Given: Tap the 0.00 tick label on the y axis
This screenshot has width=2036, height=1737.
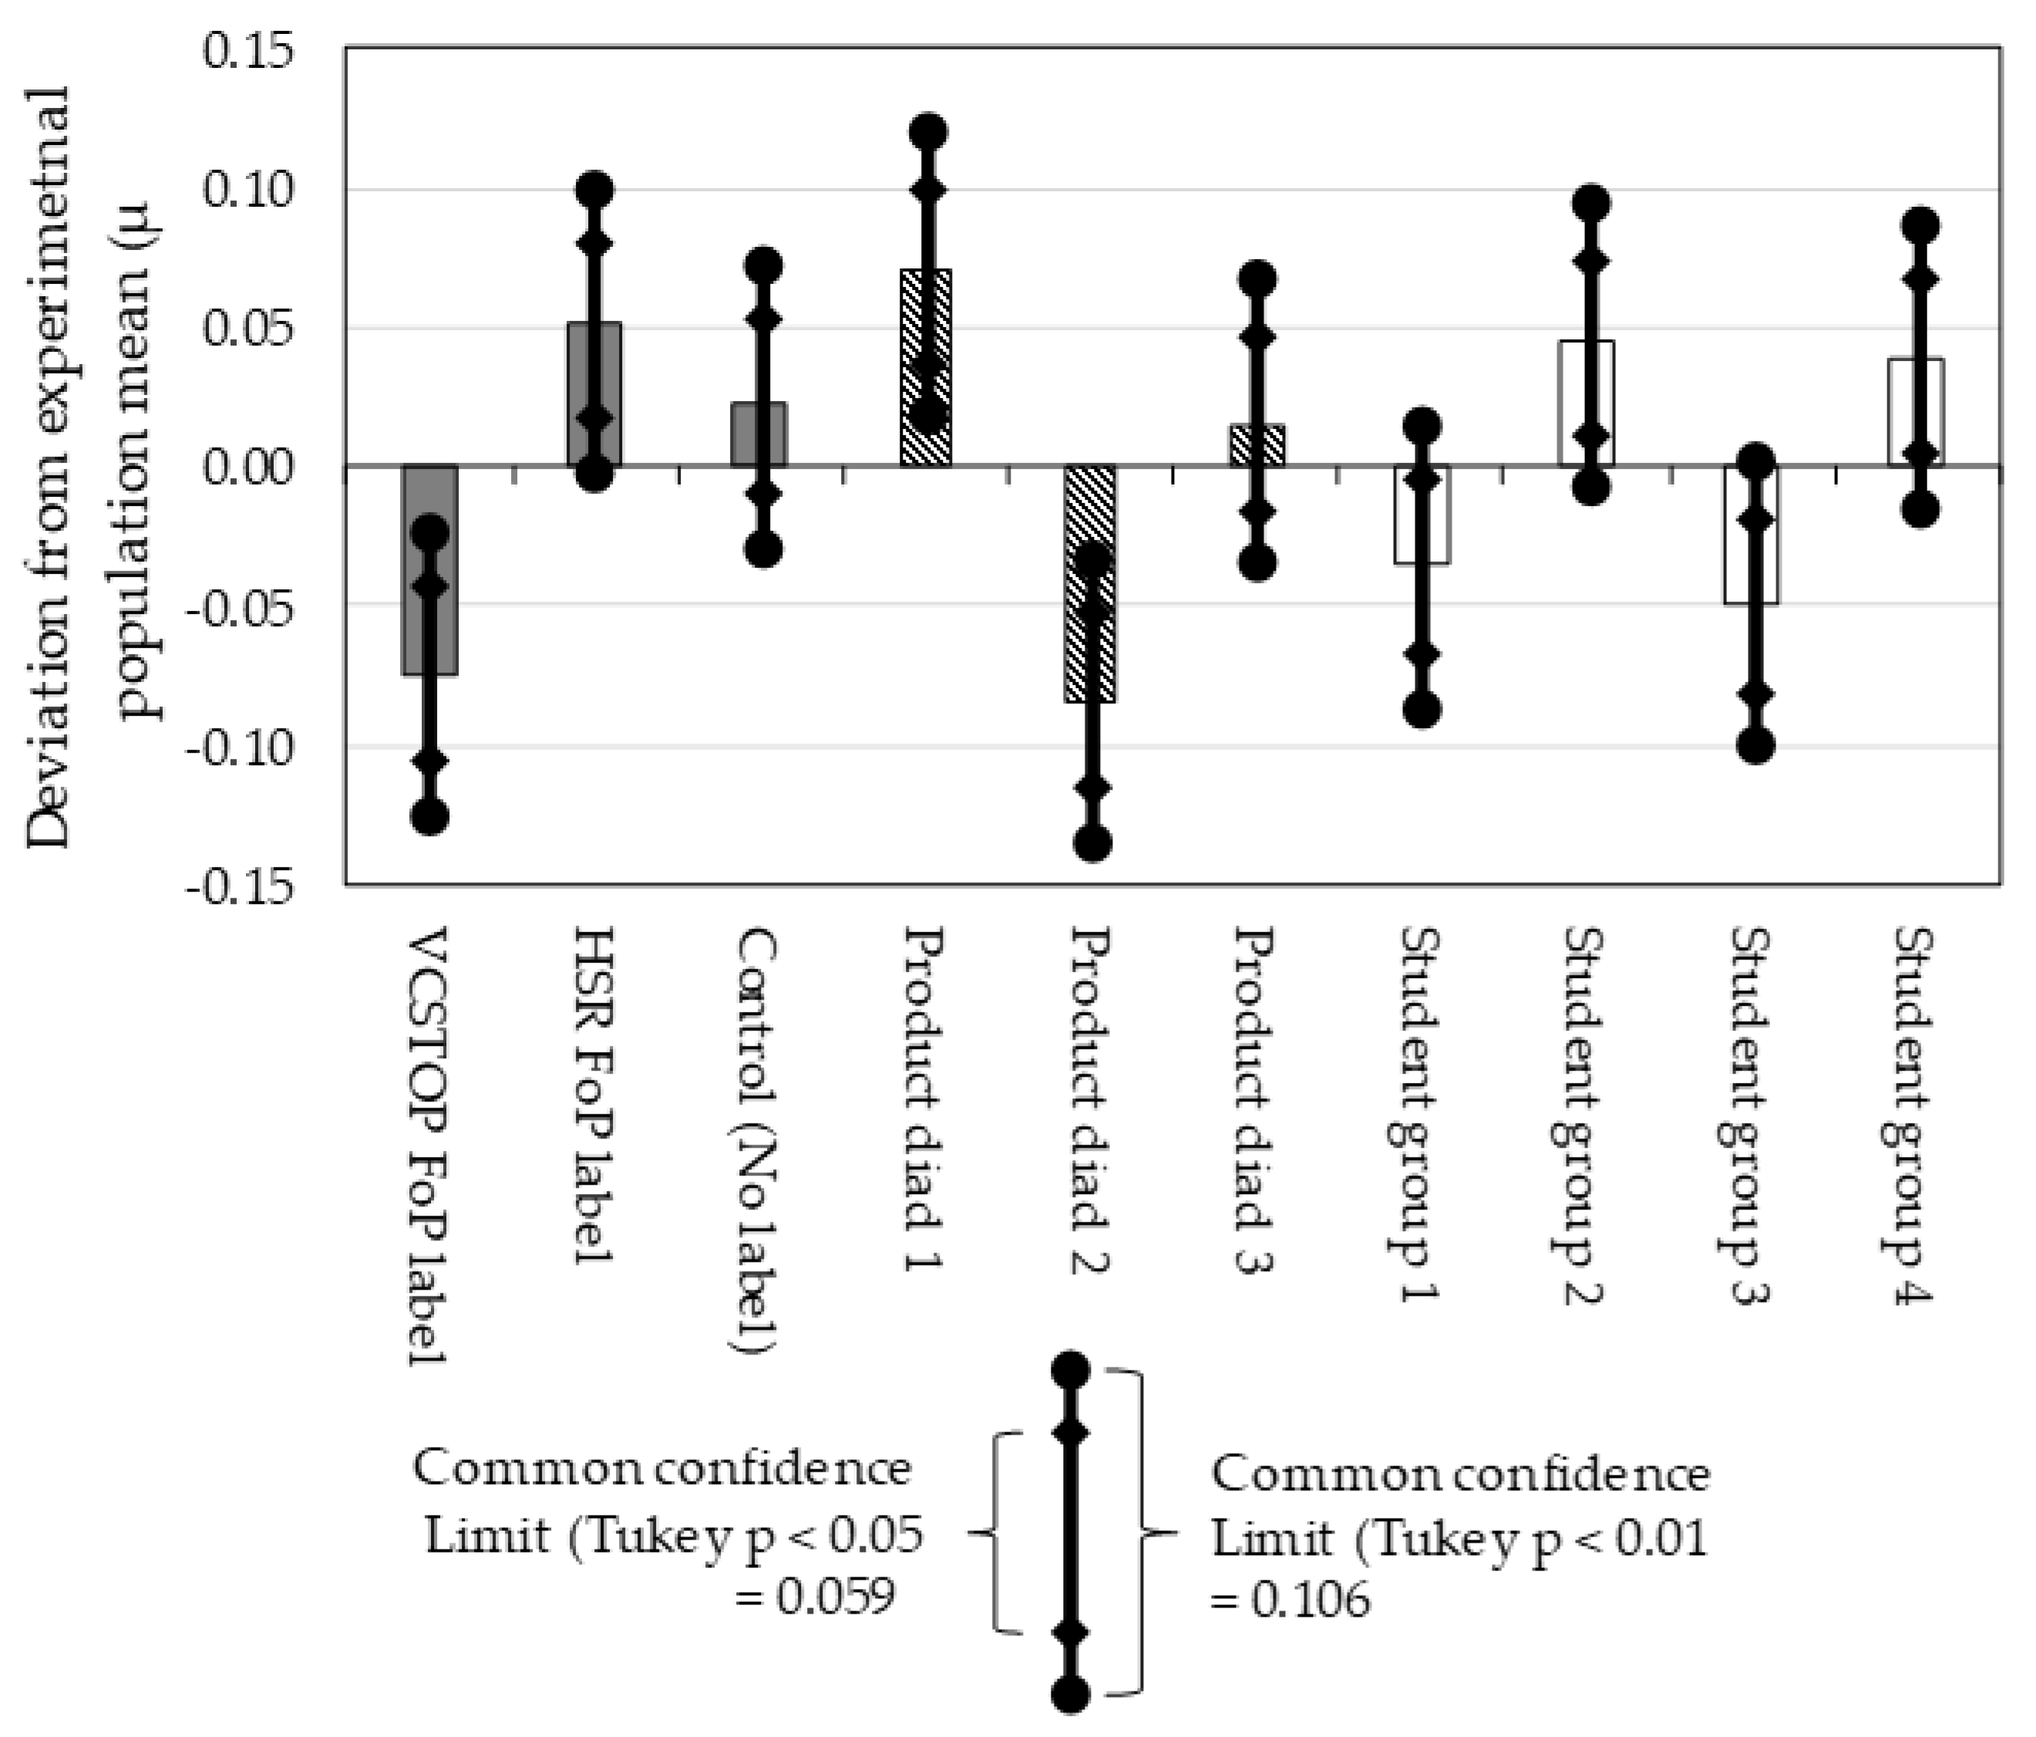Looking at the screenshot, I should point(247,467).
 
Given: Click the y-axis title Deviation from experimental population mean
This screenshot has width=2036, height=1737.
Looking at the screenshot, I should point(93,467).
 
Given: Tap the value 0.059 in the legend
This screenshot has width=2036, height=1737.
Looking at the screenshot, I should point(835,1597).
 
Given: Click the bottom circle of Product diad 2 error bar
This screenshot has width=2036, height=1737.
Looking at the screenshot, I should point(1092,842).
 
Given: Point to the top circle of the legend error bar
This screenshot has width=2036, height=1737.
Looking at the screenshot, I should point(1070,1369).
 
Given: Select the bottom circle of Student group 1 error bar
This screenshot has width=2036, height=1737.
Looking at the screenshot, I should point(1422,710).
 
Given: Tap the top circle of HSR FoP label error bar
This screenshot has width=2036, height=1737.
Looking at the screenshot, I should point(594,189).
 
